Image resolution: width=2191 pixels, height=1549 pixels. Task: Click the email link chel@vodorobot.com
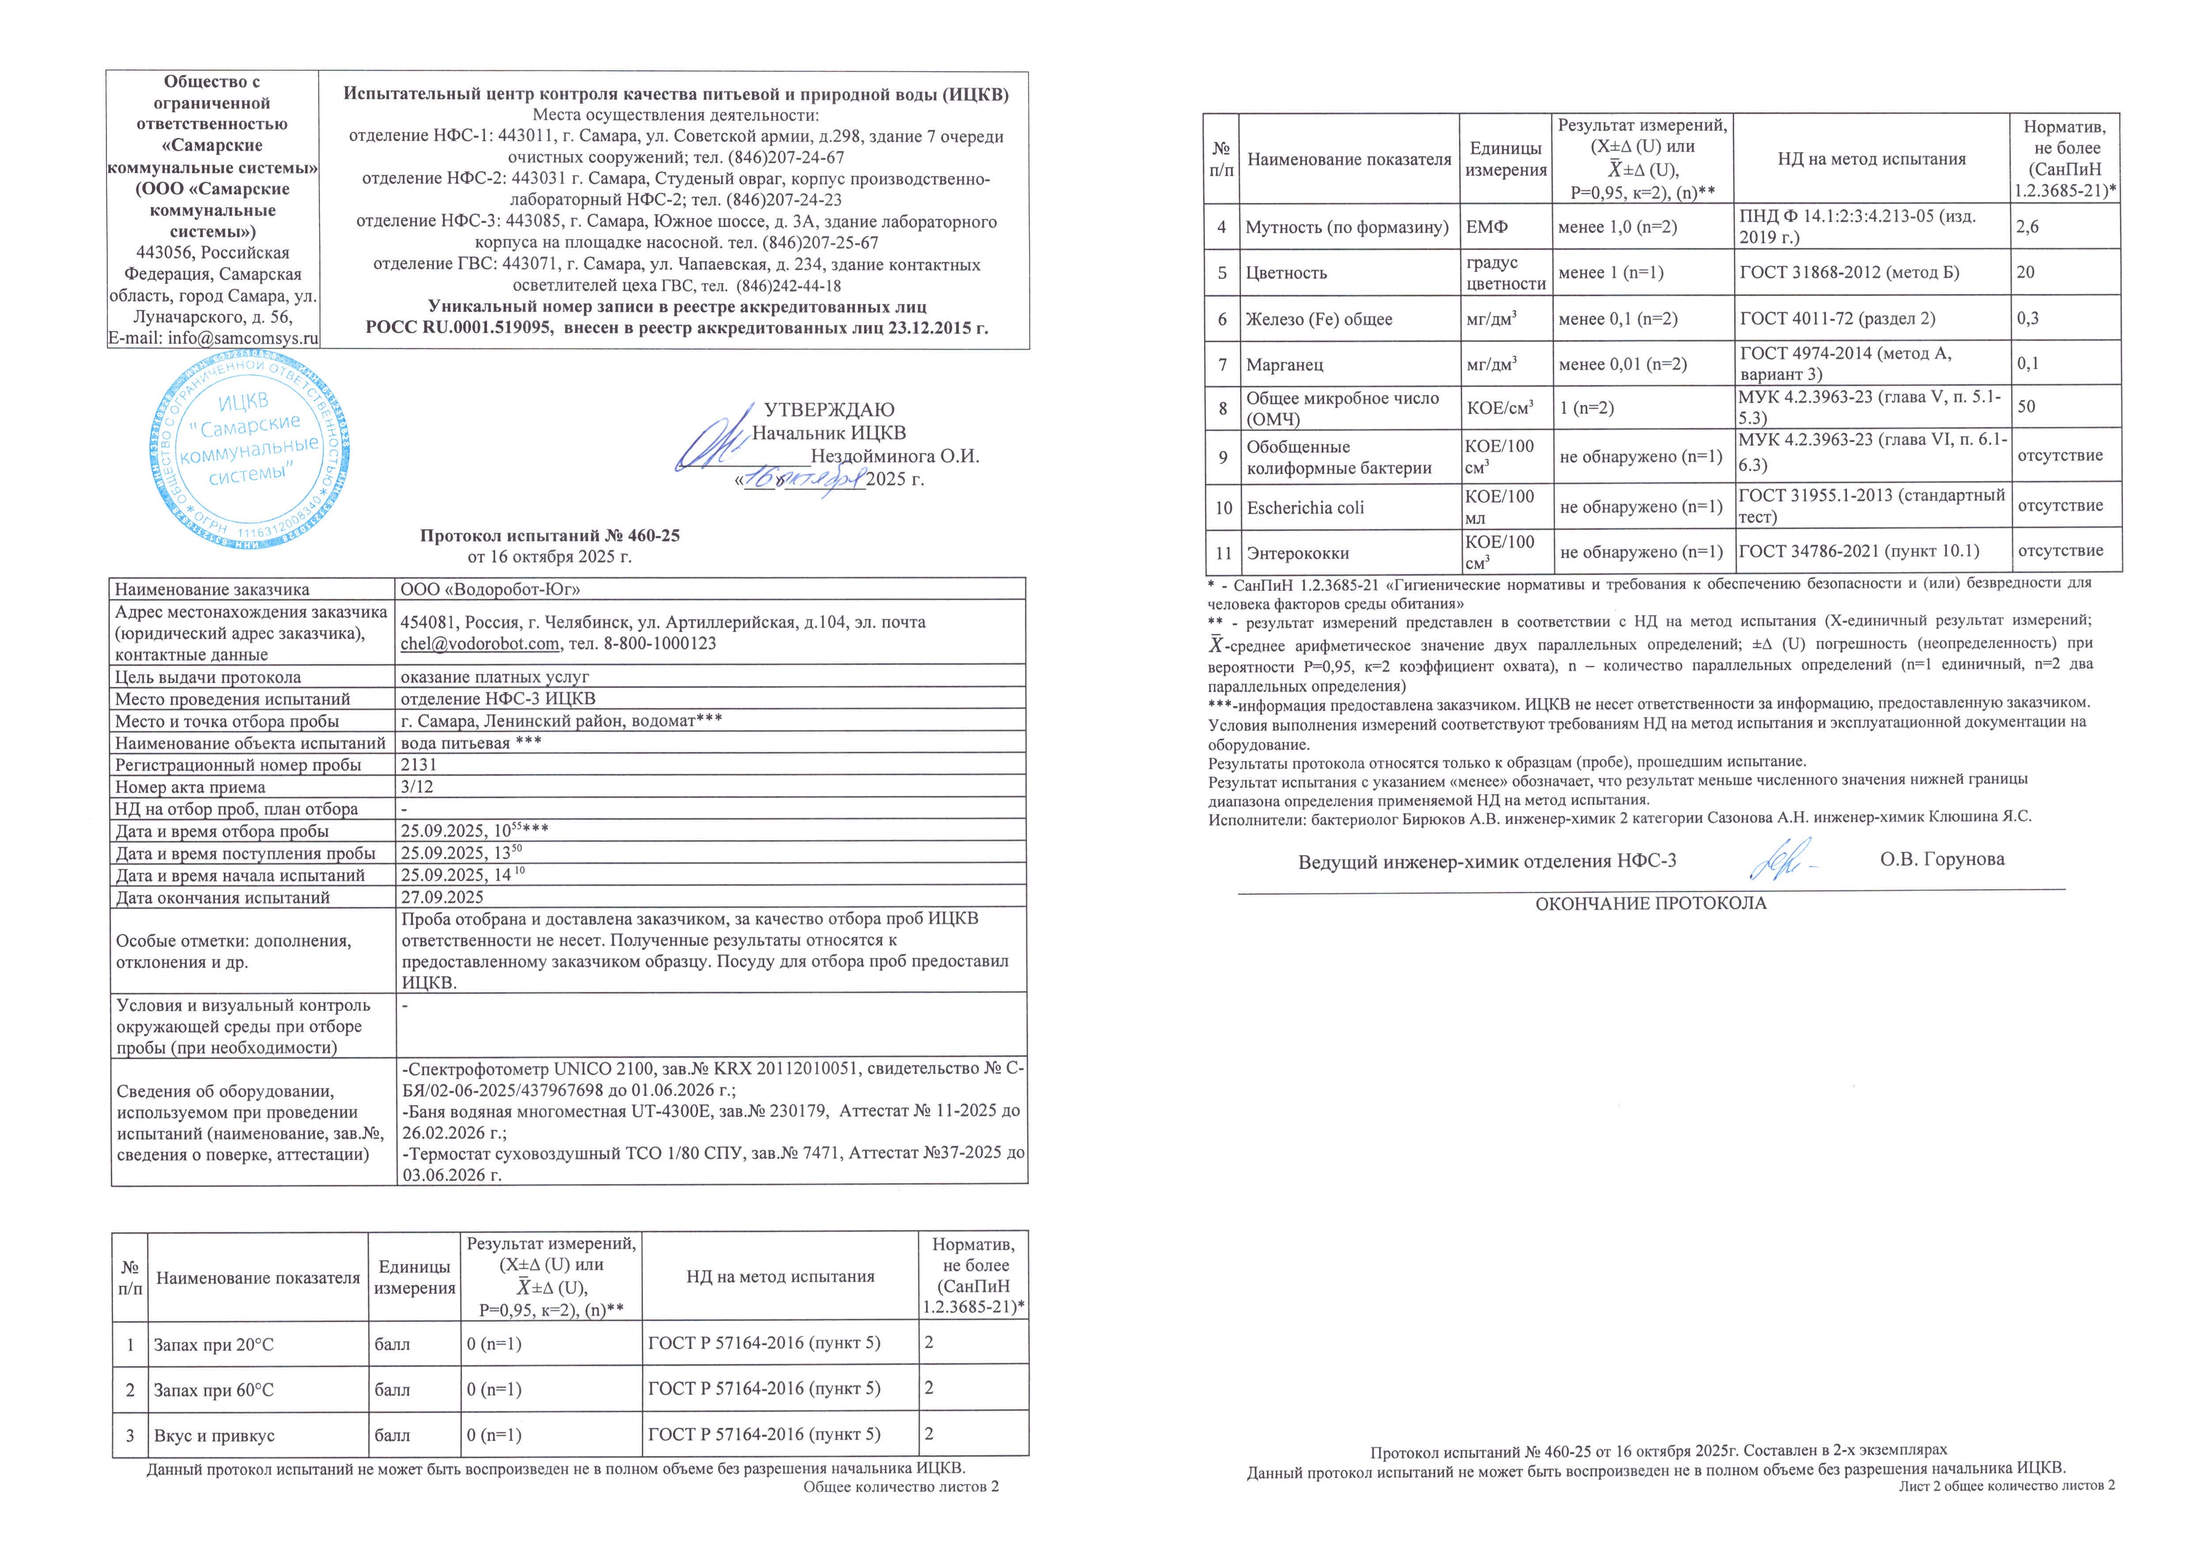click(479, 644)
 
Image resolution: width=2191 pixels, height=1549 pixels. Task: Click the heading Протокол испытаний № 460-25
click(550, 536)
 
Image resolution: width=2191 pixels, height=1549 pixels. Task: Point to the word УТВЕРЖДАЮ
click(829, 410)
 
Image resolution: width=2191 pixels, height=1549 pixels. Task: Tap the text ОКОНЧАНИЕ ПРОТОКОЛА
click(1651, 903)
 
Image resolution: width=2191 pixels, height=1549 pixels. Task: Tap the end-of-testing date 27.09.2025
click(442, 897)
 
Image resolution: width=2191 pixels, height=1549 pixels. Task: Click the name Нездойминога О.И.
click(894, 456)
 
